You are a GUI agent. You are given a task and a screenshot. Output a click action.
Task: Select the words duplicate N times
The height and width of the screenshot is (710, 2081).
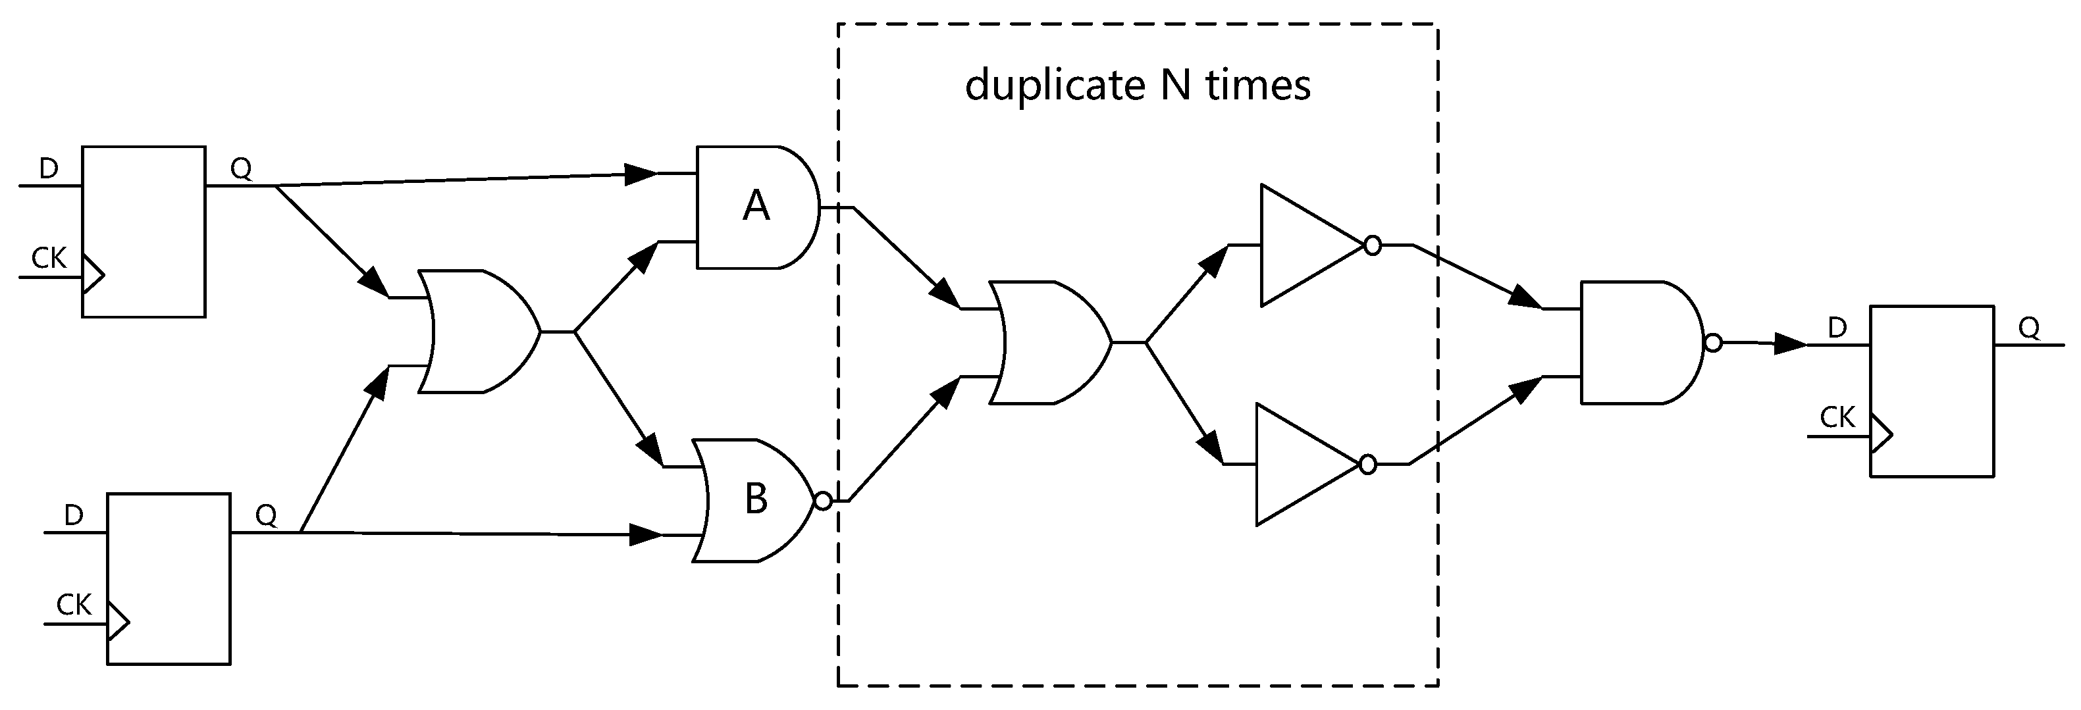[x=1137, y=85]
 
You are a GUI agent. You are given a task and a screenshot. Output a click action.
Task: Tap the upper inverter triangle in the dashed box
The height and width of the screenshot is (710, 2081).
[x=1304, y=245]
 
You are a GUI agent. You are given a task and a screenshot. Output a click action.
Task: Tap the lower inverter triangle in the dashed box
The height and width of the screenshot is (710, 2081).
[x=1299, y=465]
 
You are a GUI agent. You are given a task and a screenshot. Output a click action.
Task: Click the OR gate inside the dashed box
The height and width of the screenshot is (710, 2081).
[x=1050, y=342]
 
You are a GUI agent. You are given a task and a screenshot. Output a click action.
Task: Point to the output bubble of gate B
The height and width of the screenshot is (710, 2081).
[x=822, y=501]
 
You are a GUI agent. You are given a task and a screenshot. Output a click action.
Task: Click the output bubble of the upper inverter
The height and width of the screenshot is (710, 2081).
[x=1372, y=245]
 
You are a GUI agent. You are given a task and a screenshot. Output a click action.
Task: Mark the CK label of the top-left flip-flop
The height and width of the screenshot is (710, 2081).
[x=49, y=259]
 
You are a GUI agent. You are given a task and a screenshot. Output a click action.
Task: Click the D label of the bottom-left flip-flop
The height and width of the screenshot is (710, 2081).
[x=74, y=515]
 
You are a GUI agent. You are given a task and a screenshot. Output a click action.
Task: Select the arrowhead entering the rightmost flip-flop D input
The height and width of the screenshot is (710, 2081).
[x=1790, y=345]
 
